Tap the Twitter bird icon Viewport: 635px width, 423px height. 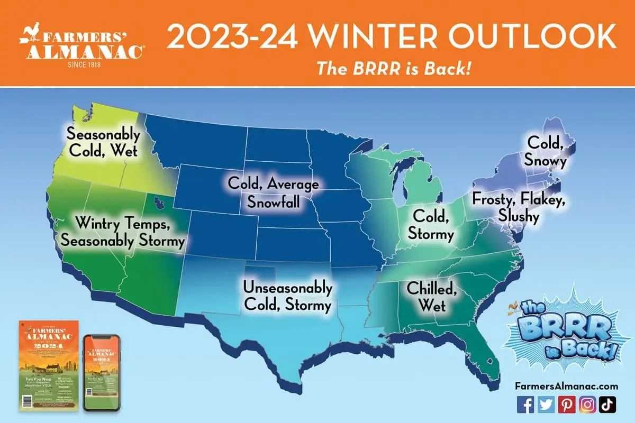[x=545, y=404]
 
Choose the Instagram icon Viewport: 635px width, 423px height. [x=586, y=404]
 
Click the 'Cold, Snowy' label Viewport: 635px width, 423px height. [x=546, y=152]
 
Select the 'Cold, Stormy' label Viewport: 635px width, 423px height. [x=433, y=225]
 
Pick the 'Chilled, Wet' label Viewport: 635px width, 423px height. [x=431, y=297]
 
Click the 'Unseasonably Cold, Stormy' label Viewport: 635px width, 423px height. [x=287, y=297]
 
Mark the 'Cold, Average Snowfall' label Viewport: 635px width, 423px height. [x=273, y=192]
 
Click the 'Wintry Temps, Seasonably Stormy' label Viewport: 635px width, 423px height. [x=122, y=232]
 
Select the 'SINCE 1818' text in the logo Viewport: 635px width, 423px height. [x=81, y=65]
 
